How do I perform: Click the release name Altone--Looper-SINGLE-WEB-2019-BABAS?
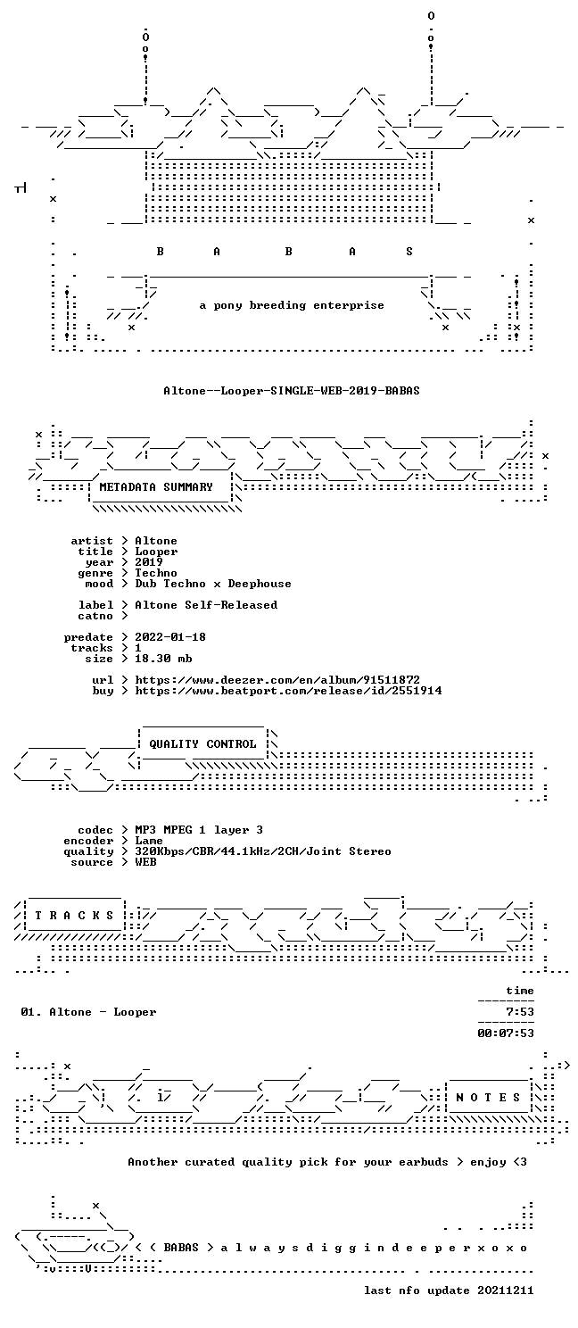(x=292, y=391)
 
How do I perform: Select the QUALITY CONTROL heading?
(x=202, y=744)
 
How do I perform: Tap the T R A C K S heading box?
(x=74, y=916)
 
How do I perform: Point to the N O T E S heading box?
(x=488, y=1098)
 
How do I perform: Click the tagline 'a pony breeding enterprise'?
(x=292, y=305)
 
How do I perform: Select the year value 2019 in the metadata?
(x=149, y=562)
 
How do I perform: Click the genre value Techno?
(x=156, y=573)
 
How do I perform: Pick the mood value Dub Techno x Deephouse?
(x=213, y=584)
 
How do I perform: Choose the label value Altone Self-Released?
(x=206, y=605)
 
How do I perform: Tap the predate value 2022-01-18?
(x=170, y=636)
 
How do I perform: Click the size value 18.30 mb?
(x=163, y=658)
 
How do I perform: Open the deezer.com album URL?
(x=277, y=679)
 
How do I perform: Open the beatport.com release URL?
(x=288, y=690)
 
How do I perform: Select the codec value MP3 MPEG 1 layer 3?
(x=199, y=830)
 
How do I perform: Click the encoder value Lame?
(x=149, y=841)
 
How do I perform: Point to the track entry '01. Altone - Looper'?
(x=89, y=1012)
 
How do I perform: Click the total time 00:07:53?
(x=506, y=1033)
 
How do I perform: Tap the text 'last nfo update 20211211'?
(x=449, y=1291)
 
